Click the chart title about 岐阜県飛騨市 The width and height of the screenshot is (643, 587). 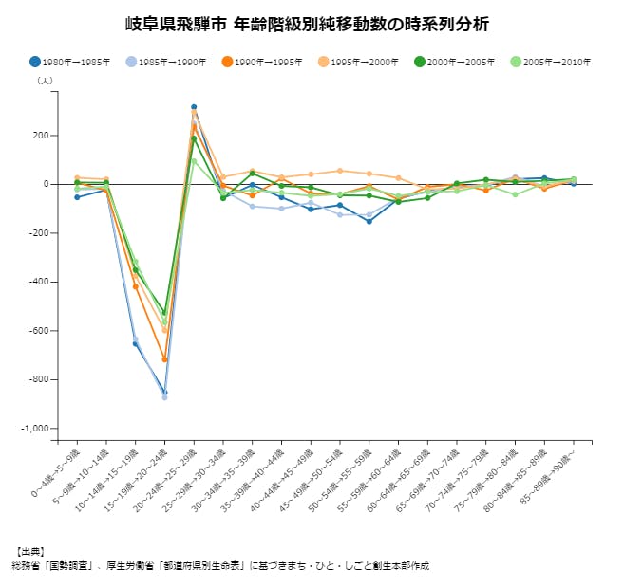click(x=321, y=23)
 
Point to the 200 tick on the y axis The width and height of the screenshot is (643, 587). click(x=38, y=136)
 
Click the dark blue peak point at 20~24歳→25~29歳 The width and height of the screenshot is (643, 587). click(x=194, y=107)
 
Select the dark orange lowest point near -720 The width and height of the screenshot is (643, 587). click(x=164, y=359)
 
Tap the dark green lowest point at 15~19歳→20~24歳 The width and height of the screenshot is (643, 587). click(x=164, y=313)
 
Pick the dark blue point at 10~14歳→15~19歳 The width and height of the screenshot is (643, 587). click(x=135, y=343)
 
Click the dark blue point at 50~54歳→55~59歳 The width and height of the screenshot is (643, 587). click(x=369, y=221)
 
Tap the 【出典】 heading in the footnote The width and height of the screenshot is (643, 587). click(x=29, y=551)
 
